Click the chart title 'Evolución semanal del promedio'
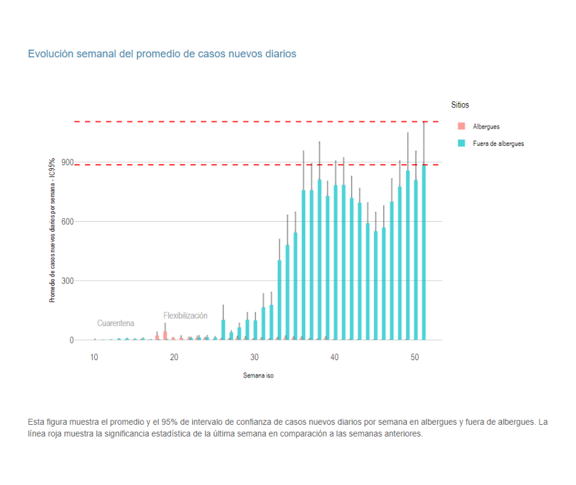pos(162,54)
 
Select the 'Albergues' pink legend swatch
pos(461,126)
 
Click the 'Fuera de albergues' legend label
pos(498,143)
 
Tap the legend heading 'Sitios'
pos(460,106)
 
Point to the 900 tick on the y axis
pos(66,163)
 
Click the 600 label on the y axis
pos(66,222)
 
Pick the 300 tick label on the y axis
pos(66,281)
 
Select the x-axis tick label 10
pos(94,357)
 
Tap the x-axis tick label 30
pos(254,357)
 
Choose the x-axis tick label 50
pos(415,357)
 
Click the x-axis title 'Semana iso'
pos(258,376)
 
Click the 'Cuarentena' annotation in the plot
pos(115,324)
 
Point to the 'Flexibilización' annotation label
pos(185,315)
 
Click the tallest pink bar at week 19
pos(165,335)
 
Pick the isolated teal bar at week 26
pos(223,330)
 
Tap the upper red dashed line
pos(248,122)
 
